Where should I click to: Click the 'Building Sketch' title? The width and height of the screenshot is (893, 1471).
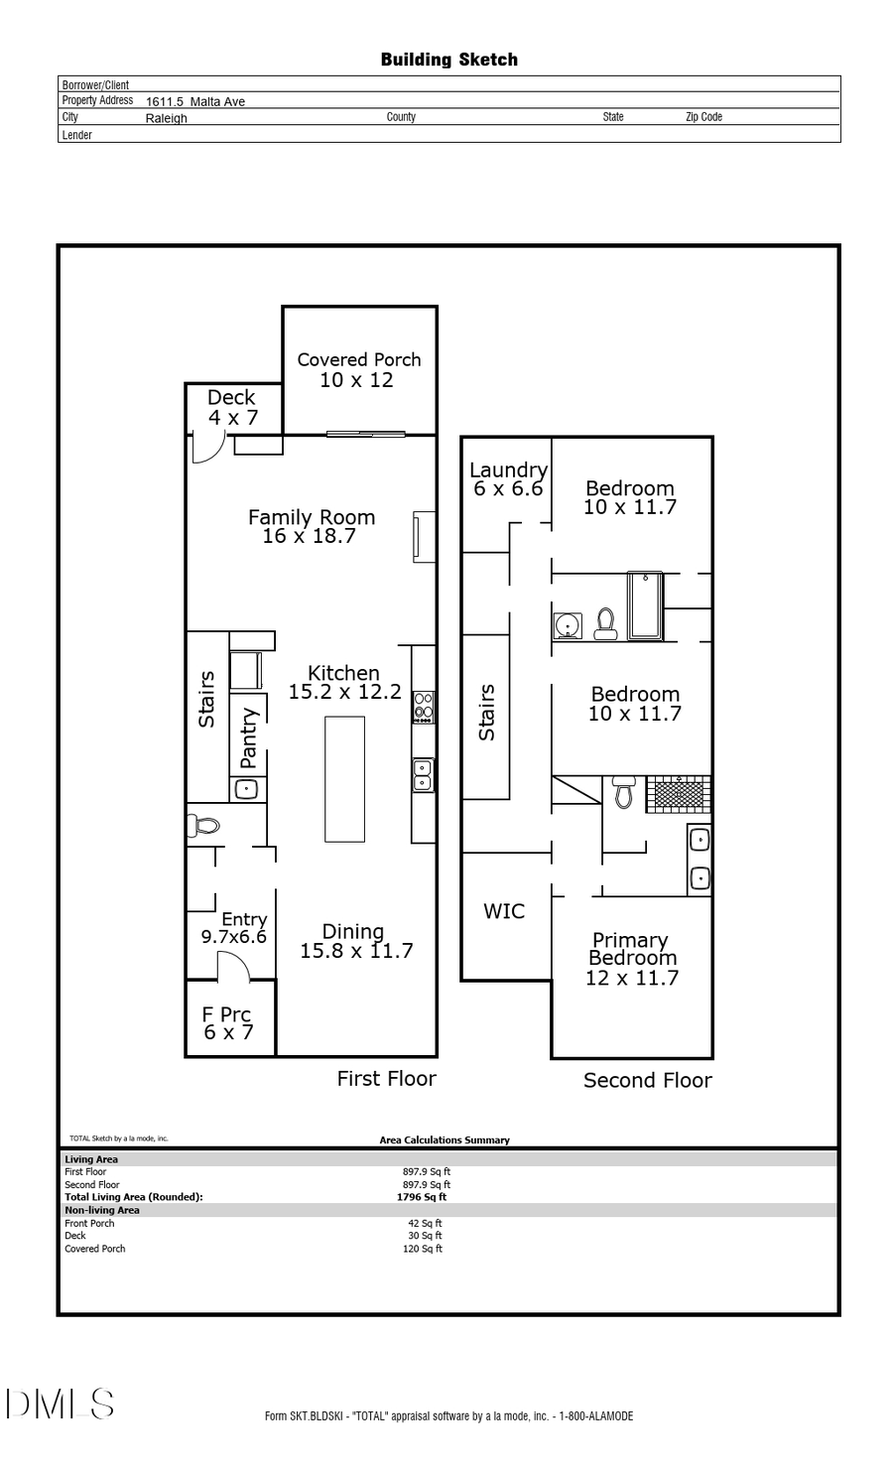click(448, 60)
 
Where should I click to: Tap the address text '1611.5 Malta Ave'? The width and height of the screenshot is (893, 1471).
click(195, 101)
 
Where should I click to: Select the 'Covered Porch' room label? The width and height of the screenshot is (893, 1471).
click(359, 359)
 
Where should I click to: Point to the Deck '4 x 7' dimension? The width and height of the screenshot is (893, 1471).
click(233, 418)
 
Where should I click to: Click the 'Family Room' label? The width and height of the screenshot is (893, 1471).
click(312, 517)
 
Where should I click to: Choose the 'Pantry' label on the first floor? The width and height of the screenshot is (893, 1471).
click(249, 737)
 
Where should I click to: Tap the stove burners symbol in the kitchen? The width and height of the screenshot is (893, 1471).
click(424, 706)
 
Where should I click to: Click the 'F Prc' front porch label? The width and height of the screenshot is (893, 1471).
click(226, 1014)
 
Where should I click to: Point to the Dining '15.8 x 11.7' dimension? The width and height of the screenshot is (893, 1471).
click(356, 951)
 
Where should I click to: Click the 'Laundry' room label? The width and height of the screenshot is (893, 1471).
click(508, 469)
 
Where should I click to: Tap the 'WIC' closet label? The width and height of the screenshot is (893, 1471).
click(504, 911)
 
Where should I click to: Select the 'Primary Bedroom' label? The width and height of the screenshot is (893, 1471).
click(631, 949)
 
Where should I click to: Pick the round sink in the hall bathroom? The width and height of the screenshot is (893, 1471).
click(568, 625)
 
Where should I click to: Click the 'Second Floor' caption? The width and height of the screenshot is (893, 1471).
click(647, 1080)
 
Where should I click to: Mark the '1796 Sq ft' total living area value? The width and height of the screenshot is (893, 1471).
click(422, 1197)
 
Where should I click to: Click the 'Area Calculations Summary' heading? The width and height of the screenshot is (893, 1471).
click(445, 1139)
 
